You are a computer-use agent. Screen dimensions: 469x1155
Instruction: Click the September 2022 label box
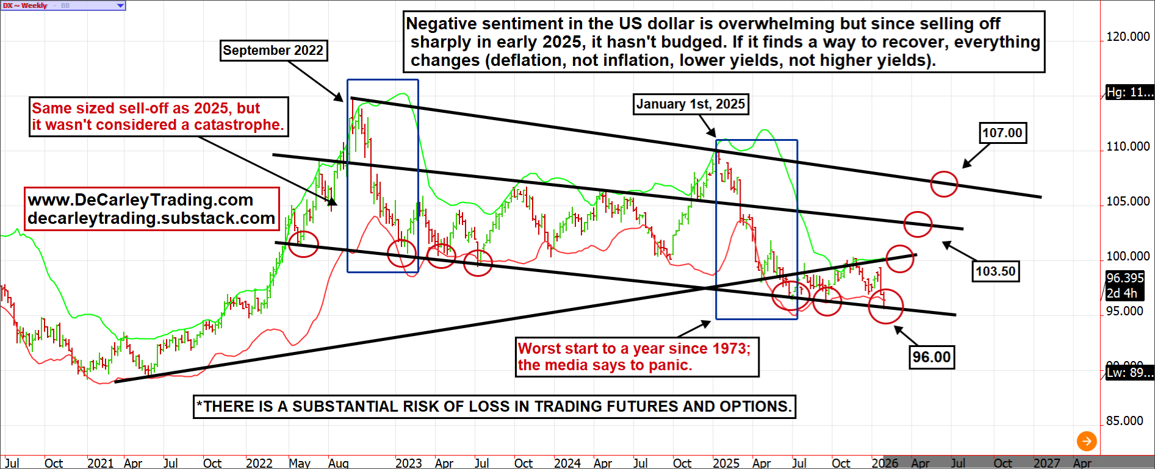click(273, 51)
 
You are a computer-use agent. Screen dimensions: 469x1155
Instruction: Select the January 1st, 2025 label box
click(691, 104)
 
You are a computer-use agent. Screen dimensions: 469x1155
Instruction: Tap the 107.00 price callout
click(1002, 133)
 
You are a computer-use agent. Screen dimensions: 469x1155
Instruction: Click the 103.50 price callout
click(995, 271)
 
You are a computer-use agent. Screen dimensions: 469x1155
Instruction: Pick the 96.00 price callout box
click(931, 357)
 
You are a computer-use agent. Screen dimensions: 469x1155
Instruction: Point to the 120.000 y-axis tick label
click(1128, 37)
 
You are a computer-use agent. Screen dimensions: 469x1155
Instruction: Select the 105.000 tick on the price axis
click(1128, 201)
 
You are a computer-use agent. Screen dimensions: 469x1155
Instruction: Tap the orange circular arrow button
click(1086, 440)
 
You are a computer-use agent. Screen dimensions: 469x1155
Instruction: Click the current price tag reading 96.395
click(1125, 278)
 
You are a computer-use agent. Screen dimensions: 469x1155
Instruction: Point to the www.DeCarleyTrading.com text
click(140, 200)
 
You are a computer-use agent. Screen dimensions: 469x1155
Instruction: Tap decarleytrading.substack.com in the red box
click(151, 218)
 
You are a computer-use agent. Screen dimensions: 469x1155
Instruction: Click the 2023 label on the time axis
click(408, 463)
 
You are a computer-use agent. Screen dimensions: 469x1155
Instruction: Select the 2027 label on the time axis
click(1046, 463)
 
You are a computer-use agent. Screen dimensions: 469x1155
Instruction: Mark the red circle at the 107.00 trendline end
click(944, 184)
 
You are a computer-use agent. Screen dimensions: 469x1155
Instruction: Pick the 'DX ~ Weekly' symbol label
click(25, 5)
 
